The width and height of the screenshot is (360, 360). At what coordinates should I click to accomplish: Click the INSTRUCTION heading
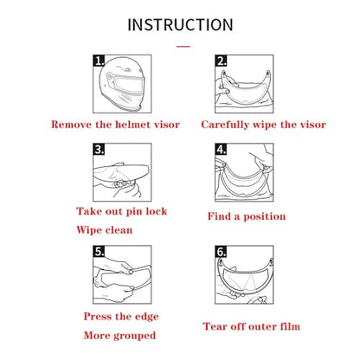pos(180,24)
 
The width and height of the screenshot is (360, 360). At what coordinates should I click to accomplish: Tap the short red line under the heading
pos(183,46)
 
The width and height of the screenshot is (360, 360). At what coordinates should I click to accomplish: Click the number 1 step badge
pos(99,61)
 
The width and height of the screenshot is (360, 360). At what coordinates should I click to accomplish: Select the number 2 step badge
pos(221,61)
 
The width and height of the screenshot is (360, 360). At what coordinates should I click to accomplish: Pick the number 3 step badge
pos(99,149)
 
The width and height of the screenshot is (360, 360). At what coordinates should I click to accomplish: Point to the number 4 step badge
pos(221,149)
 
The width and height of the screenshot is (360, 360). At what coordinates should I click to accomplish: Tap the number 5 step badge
pos(99,251)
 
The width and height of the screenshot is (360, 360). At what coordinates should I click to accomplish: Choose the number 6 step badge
pos(221,251)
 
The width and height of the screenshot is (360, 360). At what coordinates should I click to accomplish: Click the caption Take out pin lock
pos(122,211)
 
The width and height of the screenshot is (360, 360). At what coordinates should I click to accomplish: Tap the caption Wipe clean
pos(105,230)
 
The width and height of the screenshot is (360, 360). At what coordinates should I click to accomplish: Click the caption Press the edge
pos(121,317)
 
